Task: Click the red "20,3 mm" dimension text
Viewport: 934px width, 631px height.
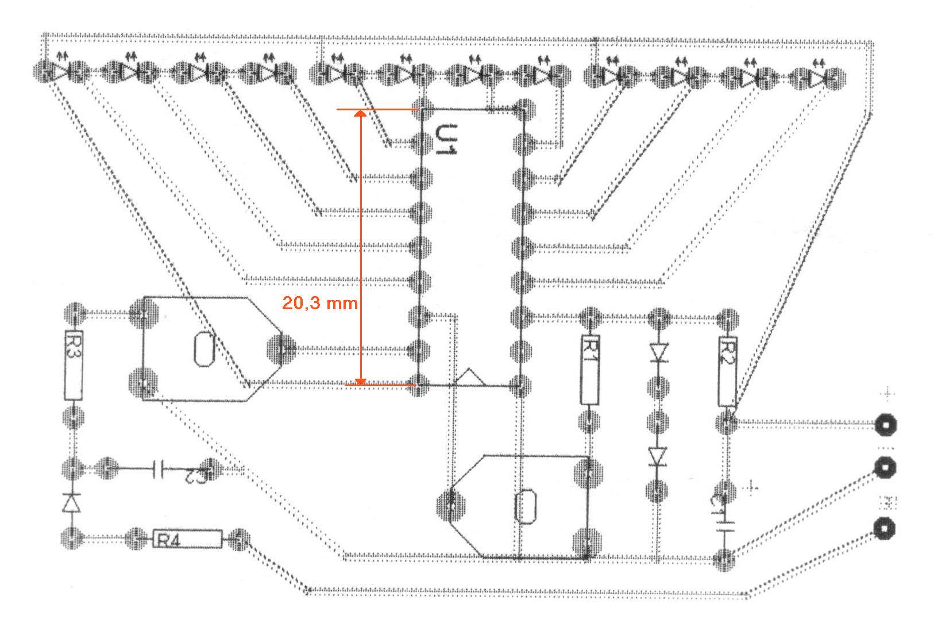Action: (x=319, y=303)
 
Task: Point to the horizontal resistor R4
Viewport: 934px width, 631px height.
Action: (x=187, y=539)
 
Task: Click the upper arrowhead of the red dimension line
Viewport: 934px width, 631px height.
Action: (x=360, y=115)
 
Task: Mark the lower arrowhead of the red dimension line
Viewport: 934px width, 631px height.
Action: (x=360, y=380)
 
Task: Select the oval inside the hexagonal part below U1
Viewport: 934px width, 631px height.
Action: (x=526, y=506)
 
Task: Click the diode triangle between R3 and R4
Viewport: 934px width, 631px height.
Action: (x=72, y=502)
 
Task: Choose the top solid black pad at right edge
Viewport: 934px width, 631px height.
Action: (x=885, y=425)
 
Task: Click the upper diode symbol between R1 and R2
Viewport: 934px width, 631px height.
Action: (x=658, y=352)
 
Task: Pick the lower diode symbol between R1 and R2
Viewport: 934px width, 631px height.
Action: (x=658, y=456)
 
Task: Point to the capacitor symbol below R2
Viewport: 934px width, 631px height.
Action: (x=727, y=526)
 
